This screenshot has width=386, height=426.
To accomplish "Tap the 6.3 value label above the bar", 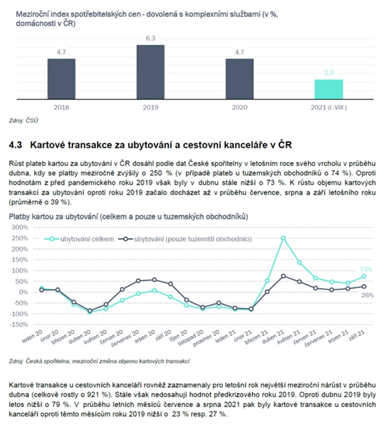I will click(150, 39).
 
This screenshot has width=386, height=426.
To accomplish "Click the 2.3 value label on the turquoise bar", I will click(328, 73).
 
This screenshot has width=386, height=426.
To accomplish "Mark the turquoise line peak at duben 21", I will click(283, 238).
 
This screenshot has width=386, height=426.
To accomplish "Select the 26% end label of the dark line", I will click(367, 295).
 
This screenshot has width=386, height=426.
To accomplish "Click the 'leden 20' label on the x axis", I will click(33, 335).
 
